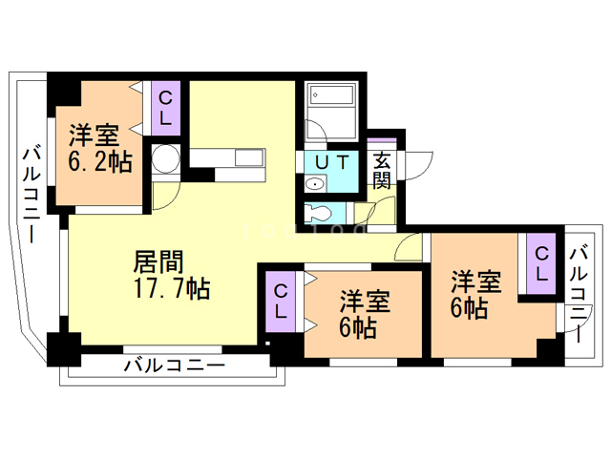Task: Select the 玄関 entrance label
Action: (382, 170)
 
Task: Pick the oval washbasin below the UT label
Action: (314, 184)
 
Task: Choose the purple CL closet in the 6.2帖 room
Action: (165, 108)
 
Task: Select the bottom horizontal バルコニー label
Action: (173, 365)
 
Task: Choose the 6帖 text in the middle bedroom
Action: (357, 327)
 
